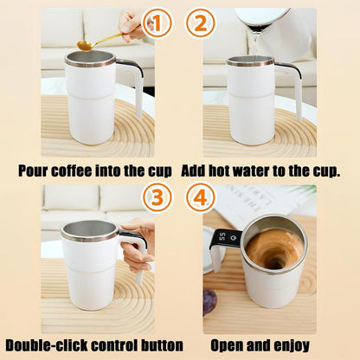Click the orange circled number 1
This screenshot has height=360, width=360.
click(157, 24)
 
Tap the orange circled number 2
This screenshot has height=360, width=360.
click(201, 24)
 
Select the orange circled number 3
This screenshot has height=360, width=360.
click(157, 198)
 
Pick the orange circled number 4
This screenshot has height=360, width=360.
click(201, 198)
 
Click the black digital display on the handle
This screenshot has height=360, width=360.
click(223, 237)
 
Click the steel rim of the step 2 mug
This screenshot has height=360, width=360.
click(250, 62)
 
